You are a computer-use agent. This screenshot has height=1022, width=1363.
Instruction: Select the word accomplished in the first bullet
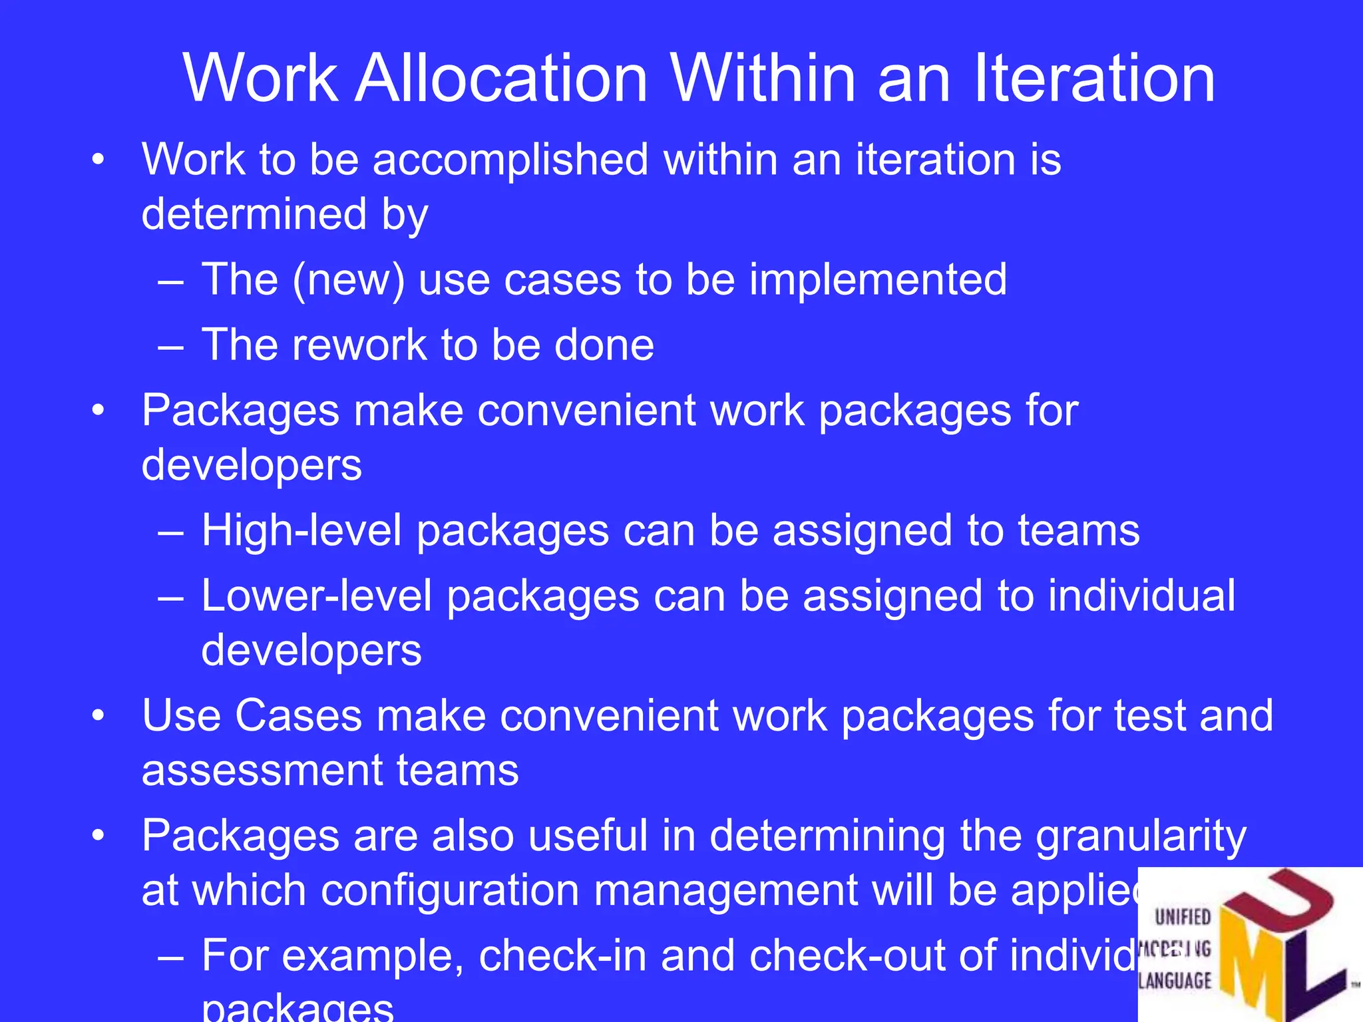pos(510,160)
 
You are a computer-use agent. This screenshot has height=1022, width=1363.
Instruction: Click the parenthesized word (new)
pos(349,279)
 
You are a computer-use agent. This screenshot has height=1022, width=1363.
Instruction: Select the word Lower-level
pos(317,596)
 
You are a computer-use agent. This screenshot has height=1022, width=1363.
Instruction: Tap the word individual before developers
pos(1141,596)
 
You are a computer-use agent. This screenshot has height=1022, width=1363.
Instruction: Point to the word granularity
pos(1141,837)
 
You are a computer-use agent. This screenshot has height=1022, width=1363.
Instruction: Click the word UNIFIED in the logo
pos(1183,918)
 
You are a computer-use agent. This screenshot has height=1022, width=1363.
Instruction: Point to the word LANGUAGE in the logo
pos(1175,981)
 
